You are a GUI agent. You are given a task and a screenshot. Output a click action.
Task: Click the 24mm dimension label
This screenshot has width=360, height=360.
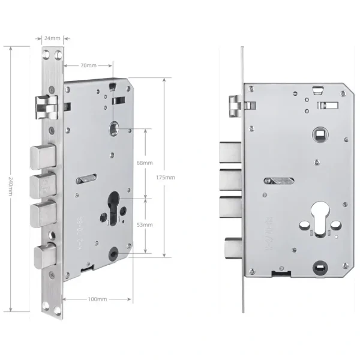coord(53,38)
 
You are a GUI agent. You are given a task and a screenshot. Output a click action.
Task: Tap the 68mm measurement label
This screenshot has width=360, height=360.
coord(145,163)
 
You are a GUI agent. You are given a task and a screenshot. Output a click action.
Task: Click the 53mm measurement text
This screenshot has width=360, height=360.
coord(145,224)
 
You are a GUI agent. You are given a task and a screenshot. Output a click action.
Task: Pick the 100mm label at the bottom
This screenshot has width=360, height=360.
coord(97,298)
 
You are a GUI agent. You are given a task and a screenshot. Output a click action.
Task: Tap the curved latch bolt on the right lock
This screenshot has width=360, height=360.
coord(236,107)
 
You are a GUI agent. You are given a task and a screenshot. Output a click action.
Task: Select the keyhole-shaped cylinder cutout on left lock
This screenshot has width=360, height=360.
coord(115,206)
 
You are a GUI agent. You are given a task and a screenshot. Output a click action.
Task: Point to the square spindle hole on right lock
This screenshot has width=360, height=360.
coord(318,133)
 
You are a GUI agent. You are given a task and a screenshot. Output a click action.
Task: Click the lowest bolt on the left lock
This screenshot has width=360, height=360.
coord(46,257)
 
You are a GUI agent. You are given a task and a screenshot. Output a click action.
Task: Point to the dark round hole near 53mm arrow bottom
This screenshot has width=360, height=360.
coord(113,255)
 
